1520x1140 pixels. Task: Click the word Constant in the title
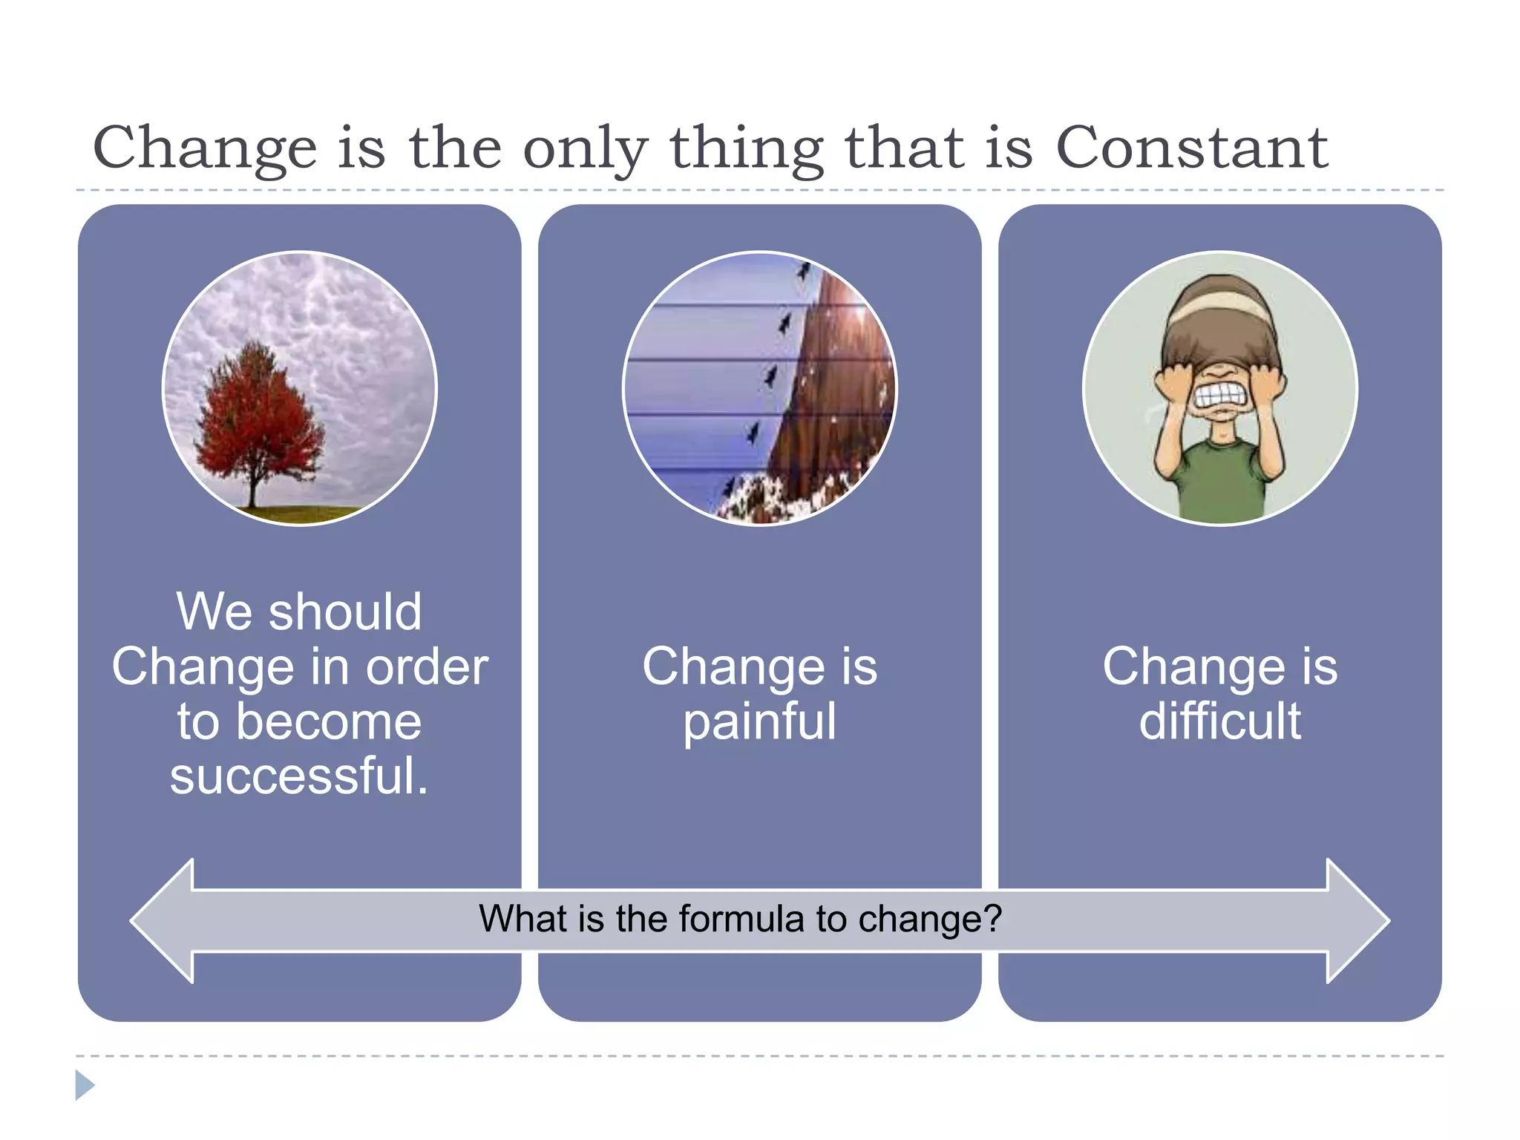coord(1191,148)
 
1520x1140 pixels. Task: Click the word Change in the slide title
coord(205,148)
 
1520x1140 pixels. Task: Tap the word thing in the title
coord(747,148)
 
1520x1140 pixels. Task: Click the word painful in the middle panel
coord(759,721)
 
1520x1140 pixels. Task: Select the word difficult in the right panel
coord(1219,721)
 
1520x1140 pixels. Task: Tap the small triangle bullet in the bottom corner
coord(84,1085)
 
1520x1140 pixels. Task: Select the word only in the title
coord(586,148)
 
